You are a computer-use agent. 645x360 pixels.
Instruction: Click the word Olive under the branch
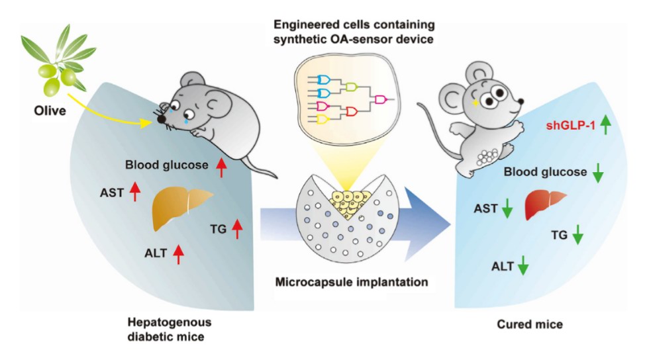(50, 111)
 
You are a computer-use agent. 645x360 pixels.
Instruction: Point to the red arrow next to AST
(135, 191)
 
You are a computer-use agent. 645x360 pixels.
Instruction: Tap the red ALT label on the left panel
(156, 252)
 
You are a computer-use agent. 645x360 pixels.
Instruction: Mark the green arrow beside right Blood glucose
(598, 173)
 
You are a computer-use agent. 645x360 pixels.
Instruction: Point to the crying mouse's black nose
(162, 118)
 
